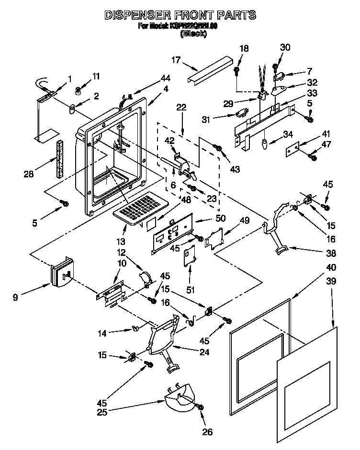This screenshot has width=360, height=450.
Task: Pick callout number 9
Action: [x=16, y=297]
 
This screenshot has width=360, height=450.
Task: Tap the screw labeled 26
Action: [x=200, y=406]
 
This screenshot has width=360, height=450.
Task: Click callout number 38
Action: [x=331, y=253]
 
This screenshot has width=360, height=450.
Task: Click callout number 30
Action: [x=285, y=47]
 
